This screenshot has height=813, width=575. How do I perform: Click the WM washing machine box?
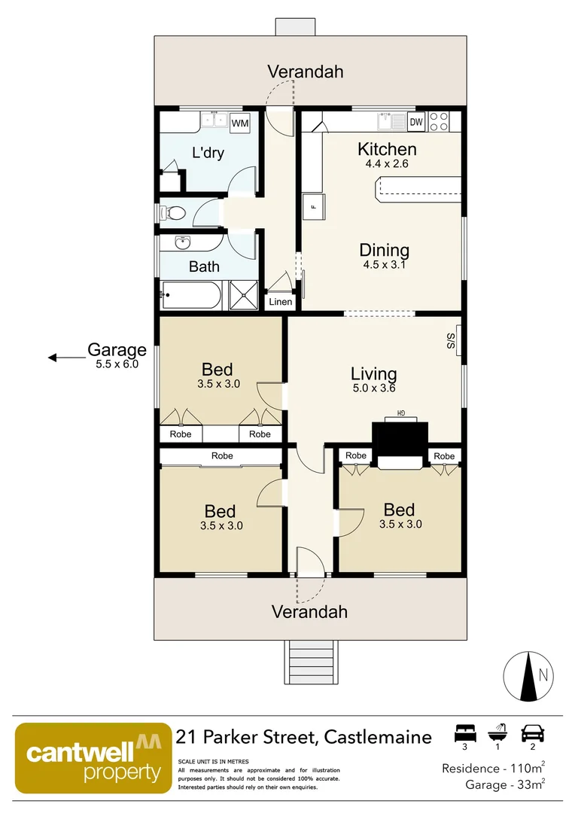pos(239,123)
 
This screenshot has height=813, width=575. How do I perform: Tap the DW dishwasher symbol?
pos(416,123)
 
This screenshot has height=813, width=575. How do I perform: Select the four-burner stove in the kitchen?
pos(439,122)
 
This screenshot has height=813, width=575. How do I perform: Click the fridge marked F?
pos(314,207)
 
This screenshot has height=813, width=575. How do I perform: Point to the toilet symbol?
pos(172,212)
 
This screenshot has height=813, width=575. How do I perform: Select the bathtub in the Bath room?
pos(191,295)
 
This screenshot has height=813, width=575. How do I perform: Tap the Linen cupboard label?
pos(281,302)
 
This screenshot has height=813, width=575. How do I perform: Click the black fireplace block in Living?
pos(400,441)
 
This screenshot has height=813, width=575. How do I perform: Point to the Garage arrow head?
pos(52,358)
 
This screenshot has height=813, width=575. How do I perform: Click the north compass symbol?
pos(528,676)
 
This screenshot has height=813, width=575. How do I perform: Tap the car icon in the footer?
pos(533,734)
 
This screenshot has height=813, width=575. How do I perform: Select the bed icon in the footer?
pos(464,734)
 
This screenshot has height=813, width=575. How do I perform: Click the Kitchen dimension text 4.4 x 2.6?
pos(387,164)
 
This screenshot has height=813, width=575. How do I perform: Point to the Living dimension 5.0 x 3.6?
pos(374,388)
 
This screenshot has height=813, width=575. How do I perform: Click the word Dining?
pos(384,251)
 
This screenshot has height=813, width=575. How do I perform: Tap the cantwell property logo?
pos(93,758)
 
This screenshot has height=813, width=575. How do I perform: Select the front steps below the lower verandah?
pos(311,662)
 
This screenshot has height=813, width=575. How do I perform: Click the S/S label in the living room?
pos(450,341)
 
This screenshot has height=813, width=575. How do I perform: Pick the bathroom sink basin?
pos(182,242)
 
